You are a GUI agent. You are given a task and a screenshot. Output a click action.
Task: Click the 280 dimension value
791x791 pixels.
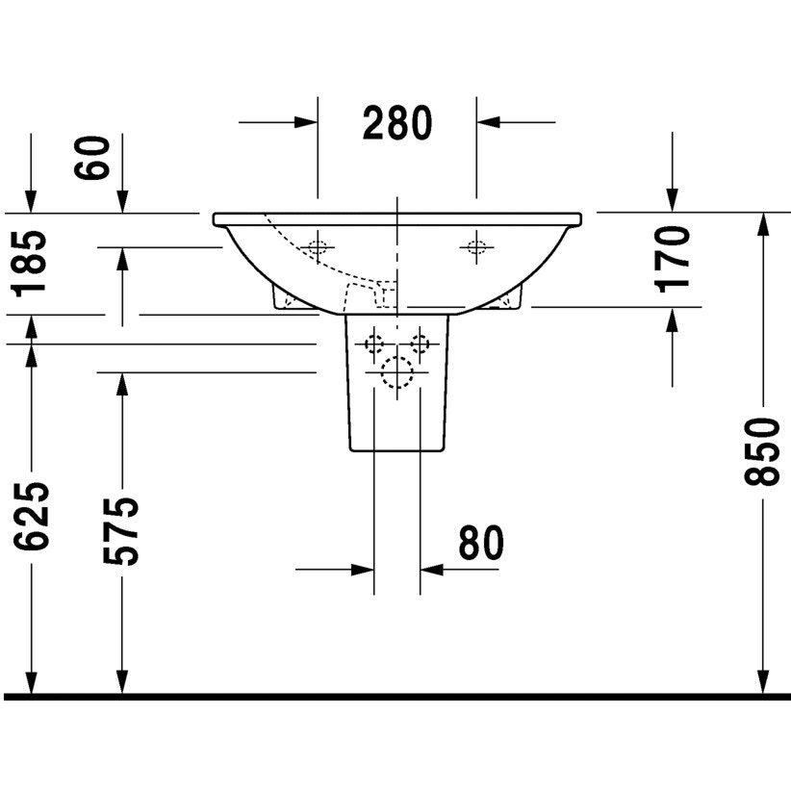tap(397, 123)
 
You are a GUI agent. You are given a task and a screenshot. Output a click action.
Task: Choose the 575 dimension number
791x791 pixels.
tap(121, 531)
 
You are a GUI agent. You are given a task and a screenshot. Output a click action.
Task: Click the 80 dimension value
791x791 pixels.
tap(480, 544)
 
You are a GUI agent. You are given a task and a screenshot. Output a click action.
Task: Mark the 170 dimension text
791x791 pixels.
tap(672, 257)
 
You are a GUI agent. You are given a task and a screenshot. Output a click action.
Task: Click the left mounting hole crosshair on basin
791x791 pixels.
tap(316, 246)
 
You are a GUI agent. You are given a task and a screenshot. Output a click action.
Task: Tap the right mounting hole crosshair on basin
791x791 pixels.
tap(475, 246)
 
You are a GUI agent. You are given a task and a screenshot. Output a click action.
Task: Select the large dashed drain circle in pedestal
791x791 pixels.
tap(396, 372)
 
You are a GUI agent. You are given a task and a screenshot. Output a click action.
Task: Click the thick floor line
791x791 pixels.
tap(395, 696)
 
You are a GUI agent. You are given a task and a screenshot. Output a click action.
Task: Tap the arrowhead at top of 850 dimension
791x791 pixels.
tap(763, 223)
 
